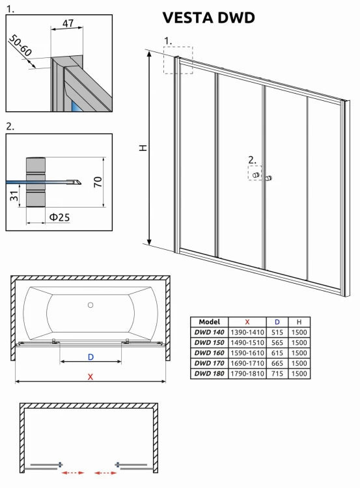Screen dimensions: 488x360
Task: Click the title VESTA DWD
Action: click(x=208, y=18)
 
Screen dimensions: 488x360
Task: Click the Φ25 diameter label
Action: click(x=59, y=217)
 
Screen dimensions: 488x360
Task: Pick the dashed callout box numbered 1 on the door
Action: click(x=177, y=61)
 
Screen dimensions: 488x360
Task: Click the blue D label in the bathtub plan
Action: click(x=90, y=356)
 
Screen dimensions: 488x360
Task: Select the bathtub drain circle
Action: click(x=91, y=304)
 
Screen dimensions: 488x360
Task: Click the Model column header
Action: click(x=209, y=321)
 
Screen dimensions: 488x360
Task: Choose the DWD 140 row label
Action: click(x=209, y=332)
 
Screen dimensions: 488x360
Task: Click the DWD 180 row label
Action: click(x=209, y=373)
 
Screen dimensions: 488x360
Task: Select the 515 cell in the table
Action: click(x=277, y=332)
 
